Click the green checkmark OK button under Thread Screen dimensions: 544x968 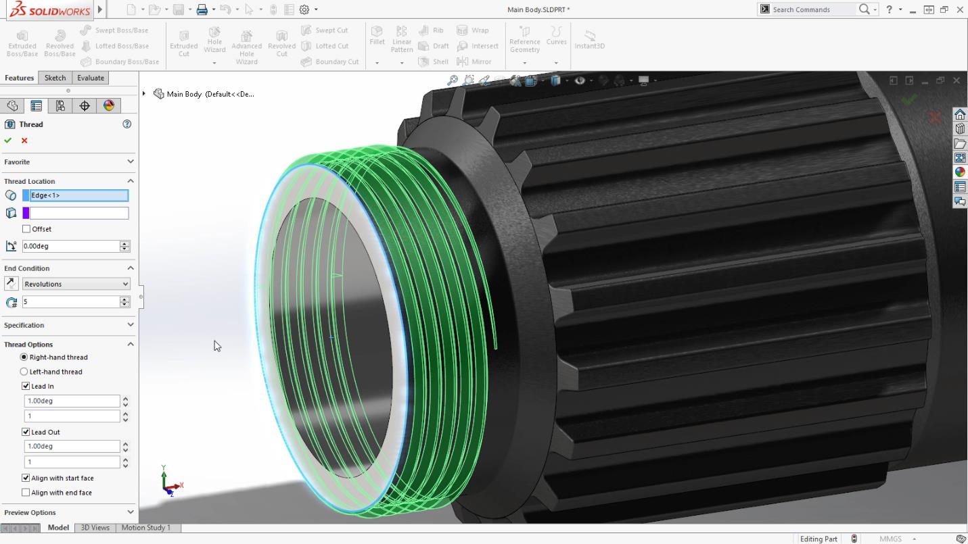tap(8, 141)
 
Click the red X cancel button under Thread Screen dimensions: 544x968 tap(24, 141)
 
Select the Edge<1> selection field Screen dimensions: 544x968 tap(78, 195)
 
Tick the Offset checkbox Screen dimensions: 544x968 tap(26, 229)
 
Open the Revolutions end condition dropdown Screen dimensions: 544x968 tap(76, 284)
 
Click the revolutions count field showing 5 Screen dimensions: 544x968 tap(70, 302)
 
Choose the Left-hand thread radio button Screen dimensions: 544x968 tap(24, 372)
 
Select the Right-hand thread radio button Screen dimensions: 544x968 tap(24, 357)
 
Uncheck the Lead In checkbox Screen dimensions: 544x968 tap(26, 387)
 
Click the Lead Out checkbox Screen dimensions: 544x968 tap(26, 432)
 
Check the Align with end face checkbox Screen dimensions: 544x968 tap(26, 493)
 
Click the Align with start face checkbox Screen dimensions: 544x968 tap(26, 478)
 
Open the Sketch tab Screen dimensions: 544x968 tap(55, 78)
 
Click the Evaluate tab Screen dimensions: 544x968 tap(90, 78)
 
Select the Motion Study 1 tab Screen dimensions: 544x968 tap(145, 528)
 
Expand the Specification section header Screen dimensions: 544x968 tap(68, 325)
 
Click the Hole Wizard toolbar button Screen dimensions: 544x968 tap(214, 41)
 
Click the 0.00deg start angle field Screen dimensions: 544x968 tap(70, 246)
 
